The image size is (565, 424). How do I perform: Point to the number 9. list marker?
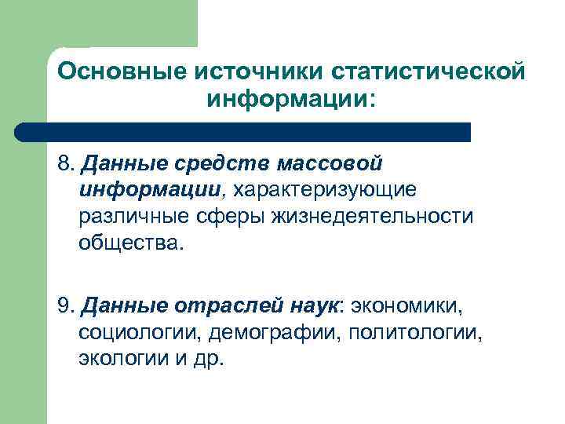[x=67, y=305]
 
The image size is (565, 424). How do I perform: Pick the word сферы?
[x=231, y=215]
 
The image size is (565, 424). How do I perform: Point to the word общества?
[x=129, y=241]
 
